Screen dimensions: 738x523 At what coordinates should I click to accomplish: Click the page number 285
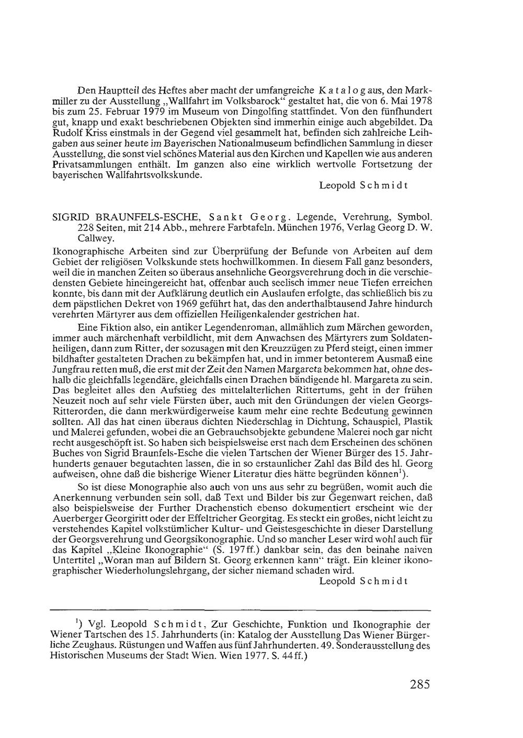click(416, 685)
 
